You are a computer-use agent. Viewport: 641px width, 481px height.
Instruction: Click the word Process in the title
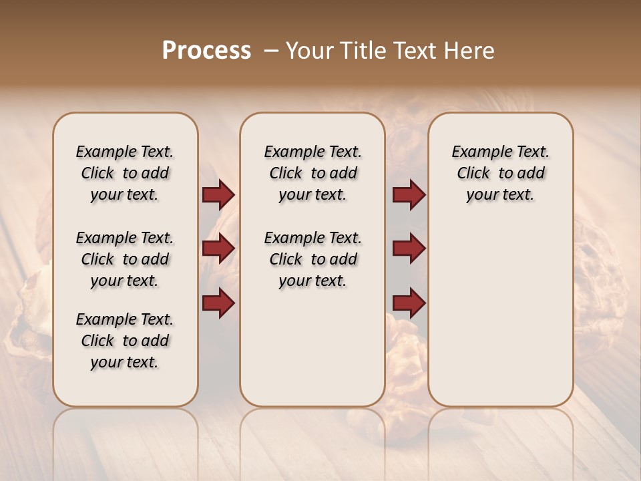(206, 51)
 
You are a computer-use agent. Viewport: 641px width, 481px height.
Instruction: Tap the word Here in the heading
(470, 51)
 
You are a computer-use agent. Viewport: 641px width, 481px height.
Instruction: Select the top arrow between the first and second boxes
(218, 195)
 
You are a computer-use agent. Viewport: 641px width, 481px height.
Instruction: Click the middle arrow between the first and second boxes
(218, 249)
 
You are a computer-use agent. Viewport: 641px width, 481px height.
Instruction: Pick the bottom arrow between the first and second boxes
(218, 303)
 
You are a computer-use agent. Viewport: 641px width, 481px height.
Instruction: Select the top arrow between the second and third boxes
(409, 195)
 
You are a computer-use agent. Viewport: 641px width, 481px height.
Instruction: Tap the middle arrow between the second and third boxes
(409, 249)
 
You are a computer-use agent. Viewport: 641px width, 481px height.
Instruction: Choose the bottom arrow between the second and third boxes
(409, 303)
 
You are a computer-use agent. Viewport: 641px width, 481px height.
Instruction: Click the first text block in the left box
(125, 173)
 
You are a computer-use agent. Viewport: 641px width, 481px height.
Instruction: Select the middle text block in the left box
(125, 259)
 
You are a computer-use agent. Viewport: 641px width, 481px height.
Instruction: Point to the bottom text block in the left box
(125, 341)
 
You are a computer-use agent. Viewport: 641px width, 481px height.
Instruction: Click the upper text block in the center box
(312, 173)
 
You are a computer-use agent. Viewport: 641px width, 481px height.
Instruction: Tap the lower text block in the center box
(312, 259)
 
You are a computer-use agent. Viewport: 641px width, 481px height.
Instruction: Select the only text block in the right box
(500, 173)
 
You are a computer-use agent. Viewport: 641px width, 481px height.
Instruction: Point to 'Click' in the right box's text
(473, 174)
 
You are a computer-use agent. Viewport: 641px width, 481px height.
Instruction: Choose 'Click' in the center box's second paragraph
(286, 260)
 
